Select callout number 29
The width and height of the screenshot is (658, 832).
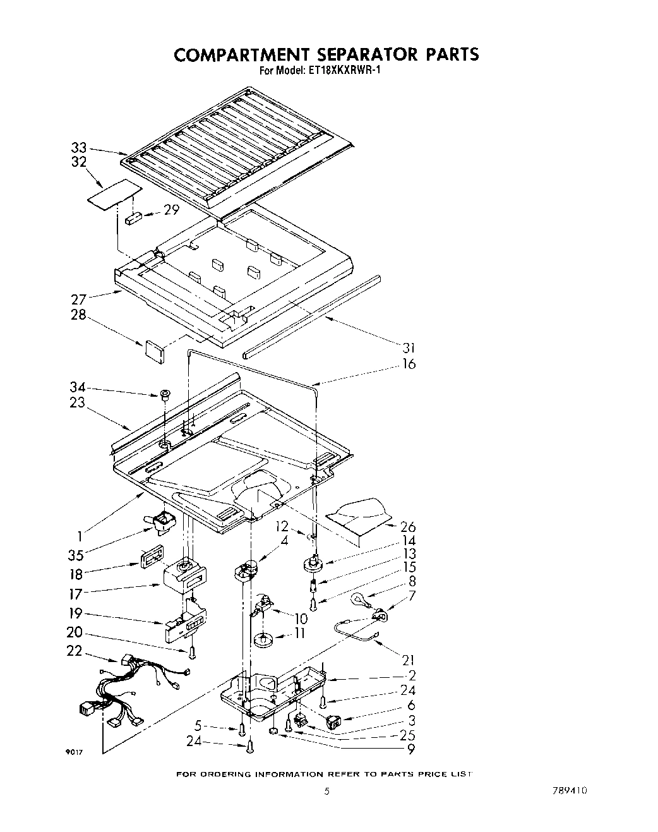(x=172, y=210)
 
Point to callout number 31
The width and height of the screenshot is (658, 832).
(x=409, y=347)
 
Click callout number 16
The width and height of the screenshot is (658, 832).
(x=409, y=364)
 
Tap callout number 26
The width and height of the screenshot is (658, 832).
(x=409, y=526)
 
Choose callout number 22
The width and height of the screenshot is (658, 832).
(x=75, y=650)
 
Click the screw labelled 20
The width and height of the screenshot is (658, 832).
(x=191, y=651)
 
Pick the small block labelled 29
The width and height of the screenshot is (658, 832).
(x=135, y=218)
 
